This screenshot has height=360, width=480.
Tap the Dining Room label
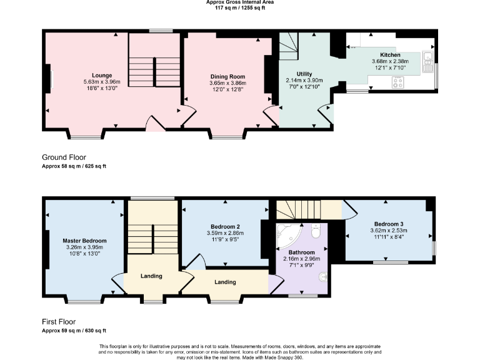[228, 76]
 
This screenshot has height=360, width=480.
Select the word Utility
[295, 74]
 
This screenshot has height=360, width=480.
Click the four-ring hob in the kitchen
[397, 82]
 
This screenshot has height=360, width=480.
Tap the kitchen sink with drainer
[429, 59]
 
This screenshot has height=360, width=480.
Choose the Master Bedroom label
[84, 241]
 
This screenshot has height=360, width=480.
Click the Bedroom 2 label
[226, 226]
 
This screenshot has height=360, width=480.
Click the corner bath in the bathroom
[288, 235]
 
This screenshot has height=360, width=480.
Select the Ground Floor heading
[64, 157]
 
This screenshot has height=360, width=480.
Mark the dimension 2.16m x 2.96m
[302, 259]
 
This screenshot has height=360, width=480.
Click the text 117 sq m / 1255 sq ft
[240, 7]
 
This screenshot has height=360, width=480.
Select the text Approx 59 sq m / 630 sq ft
[74, 331]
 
